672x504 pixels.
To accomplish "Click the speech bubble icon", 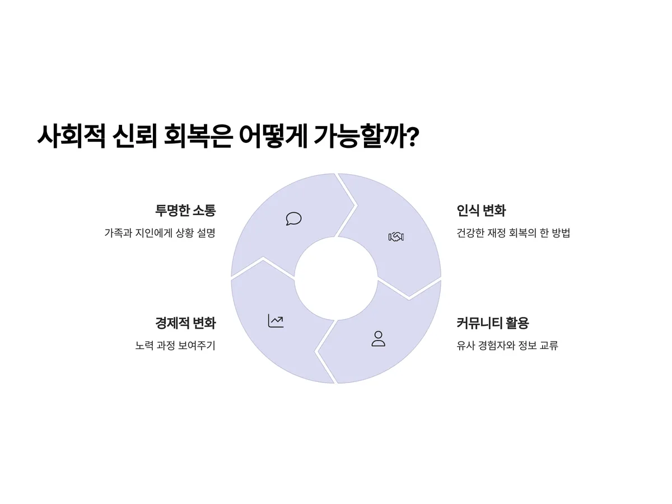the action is [x=293, y=218].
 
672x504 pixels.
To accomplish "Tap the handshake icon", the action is [x=396, y=237].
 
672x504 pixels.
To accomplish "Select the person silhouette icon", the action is [x=379, y=338].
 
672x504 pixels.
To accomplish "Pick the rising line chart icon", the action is [x=276, y=321].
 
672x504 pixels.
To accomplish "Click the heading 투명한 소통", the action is [x=185, y=211].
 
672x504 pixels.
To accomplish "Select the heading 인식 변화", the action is [x=481, y=211].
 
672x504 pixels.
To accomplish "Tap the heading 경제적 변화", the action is [x=185, y=323].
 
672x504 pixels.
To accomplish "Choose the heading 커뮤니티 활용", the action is [x=493, y=323].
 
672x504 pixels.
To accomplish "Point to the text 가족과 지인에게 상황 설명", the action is [x=160, y=233].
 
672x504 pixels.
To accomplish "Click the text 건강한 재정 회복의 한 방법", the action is [x=513, y=233].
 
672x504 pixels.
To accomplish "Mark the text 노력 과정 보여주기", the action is [x=175, y=346].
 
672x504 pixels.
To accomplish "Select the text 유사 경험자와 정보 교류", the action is [x=507, y=346].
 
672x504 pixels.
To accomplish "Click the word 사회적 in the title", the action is [x=71, y=136].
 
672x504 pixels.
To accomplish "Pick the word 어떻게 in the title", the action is [x=271, y=136].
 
